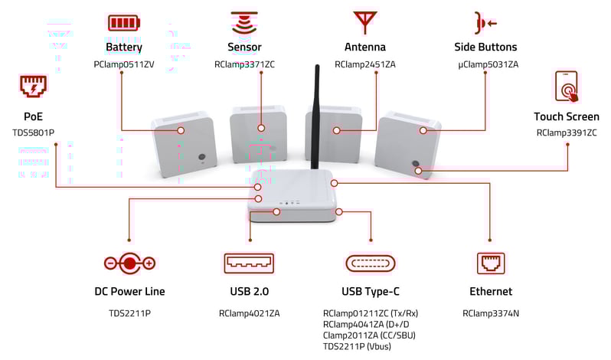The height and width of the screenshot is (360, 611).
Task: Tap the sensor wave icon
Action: click(x=244, y=21)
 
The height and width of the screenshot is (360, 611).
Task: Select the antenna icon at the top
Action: click(x=364, y=21)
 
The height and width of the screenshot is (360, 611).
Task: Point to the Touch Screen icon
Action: click(x=567, y=87)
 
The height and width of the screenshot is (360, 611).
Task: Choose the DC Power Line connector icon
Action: click(x=129, y=263)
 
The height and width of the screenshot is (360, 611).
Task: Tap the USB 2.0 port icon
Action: click(x=249, y=263)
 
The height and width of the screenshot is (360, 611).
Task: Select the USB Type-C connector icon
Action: click(x=371, y=263)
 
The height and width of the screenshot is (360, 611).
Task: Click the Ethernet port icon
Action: click(x=490, y=263)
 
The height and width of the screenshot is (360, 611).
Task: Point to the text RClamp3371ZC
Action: click(x=244, y=65)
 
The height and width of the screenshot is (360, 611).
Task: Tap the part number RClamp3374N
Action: click(x=490, y=313)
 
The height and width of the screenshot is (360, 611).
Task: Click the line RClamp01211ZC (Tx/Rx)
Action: click(x=371, y=313)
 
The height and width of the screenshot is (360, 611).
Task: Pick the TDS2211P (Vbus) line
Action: click(x=357, y=345)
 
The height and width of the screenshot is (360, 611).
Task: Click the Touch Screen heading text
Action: click(x=567, y=116)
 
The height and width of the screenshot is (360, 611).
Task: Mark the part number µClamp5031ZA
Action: click(x=488, y=65)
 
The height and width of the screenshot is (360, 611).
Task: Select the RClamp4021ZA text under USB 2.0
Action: click(x=249, y=313)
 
